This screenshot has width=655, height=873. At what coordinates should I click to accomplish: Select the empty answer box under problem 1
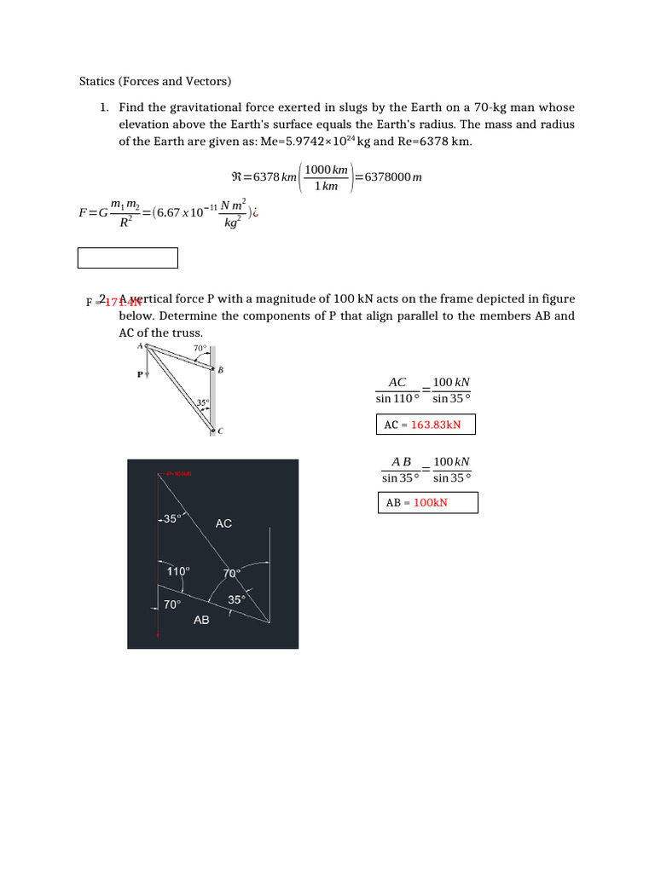point(128,257)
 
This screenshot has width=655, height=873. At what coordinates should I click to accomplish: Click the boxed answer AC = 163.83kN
point(426,425)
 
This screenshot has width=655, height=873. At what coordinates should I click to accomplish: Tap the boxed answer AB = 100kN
point(427,503)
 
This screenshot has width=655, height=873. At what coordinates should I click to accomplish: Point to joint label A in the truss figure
point(140,345)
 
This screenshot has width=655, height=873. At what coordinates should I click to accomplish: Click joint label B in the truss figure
point(221,370)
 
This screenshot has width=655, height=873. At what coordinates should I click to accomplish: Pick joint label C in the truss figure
point(220,431)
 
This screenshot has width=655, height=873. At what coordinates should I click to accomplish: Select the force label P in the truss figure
point(140,374)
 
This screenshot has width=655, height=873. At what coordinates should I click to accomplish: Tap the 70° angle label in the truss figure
point(199,348)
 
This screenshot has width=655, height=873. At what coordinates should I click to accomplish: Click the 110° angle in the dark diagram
point(178,571)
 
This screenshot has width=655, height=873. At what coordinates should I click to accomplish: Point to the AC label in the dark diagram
point(223,523)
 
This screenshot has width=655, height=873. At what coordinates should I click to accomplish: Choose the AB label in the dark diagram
point(201,620)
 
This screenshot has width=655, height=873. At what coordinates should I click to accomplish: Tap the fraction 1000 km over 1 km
point(327,178)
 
